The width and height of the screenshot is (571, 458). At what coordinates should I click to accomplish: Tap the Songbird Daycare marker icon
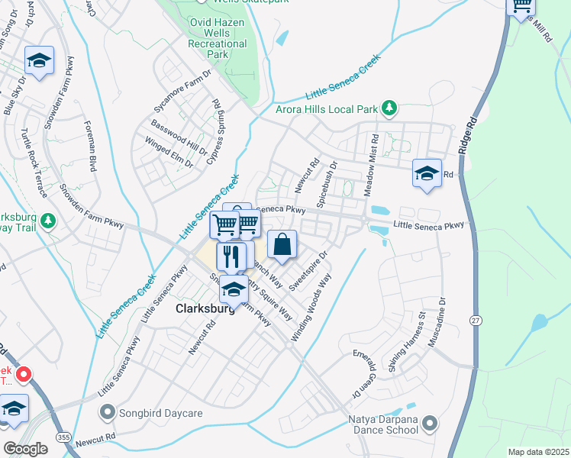coord(106,413)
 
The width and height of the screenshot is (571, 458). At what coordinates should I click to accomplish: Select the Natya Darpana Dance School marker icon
coord(429,423)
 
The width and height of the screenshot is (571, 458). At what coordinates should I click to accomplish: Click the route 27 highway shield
coord(476,321)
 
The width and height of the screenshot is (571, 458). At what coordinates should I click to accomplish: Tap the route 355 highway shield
coord(63,436)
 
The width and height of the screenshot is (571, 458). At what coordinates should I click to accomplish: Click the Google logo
coord(25,448)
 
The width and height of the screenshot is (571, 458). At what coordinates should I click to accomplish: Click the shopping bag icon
coord(282,244)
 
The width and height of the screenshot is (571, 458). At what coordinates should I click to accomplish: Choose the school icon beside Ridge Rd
coord(427,173)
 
